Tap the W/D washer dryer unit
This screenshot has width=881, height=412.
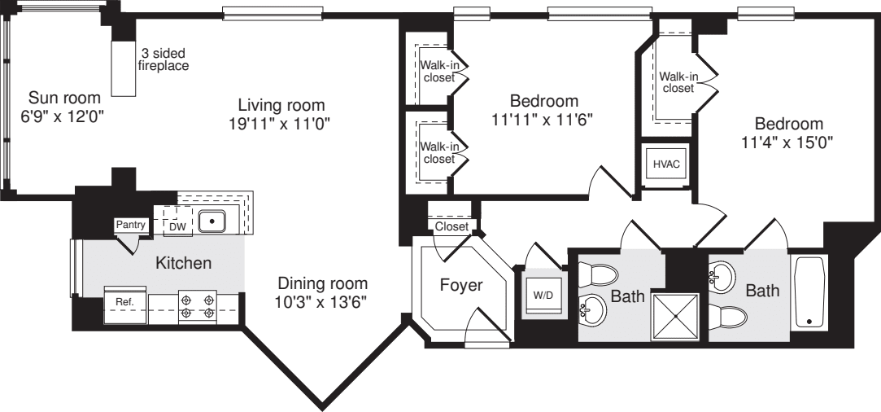click(542, 295)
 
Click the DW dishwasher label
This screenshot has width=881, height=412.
click(177, 226)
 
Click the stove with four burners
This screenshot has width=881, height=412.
click(198, 305)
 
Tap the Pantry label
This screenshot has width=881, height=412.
click(130, 225)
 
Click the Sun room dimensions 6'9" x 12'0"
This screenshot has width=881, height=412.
click(63, 116)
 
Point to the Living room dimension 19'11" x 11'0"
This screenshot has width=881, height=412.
click(281, 123)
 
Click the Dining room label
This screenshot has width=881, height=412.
click(323, 284)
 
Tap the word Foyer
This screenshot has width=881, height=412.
click(461, 286)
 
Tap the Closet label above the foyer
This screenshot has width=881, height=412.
click(451, 226)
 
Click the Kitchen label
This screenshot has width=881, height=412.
click(184, 263)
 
